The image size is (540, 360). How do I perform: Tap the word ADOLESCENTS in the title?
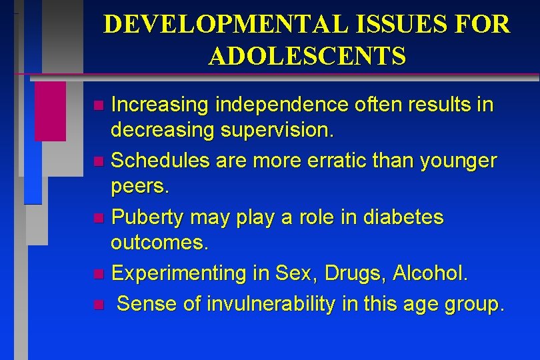(307, 56)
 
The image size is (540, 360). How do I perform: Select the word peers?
(141, 187)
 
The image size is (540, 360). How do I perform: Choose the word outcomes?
(160, 243)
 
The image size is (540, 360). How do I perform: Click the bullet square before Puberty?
(98, 218)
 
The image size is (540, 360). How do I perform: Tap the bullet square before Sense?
(98, 305)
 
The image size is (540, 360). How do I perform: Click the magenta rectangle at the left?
(50, 111)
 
